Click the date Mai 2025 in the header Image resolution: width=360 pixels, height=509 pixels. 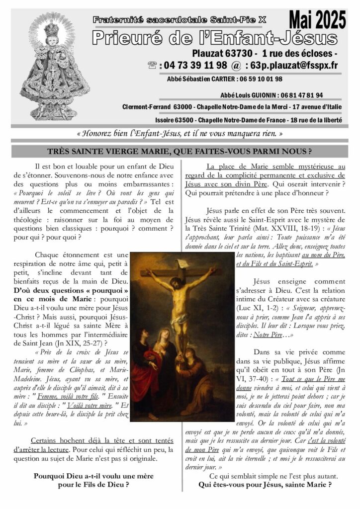tap(317, 20)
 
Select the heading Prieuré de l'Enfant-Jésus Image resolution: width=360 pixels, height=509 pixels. tap(215, 38)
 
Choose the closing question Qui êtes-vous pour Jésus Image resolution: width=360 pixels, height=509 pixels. tap(265, 485)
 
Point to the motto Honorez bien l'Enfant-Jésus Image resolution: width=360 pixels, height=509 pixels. tap(180, 134)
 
